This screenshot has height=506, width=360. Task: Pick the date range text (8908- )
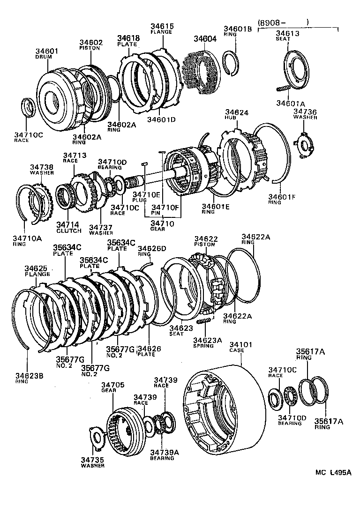pos(283,22)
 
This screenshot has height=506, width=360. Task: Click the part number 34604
pos(205,39)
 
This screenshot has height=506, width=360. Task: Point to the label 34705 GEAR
pos(113,387)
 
